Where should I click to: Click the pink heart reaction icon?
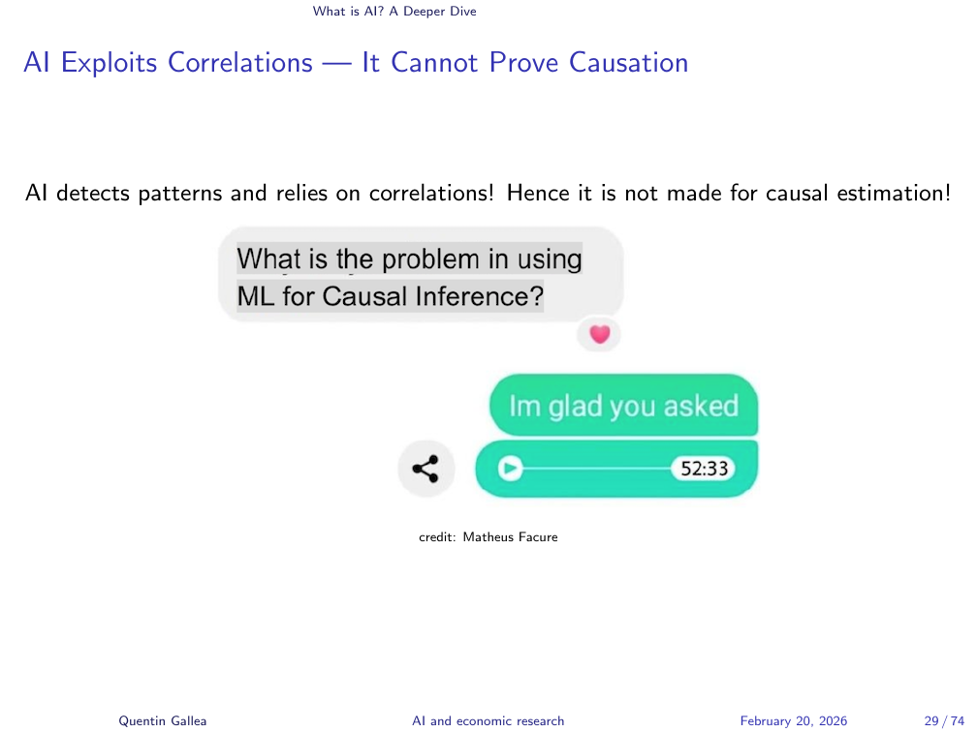pyautogui.click(x=599, y=334)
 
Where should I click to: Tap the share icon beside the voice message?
pyautogui.click(x=425, y=469)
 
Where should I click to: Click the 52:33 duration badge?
pyautogui.click(x=704, y=468)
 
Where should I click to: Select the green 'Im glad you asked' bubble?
pyautogui.click(x=624, y=405)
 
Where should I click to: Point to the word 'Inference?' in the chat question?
pyautogui.click(x=480, y=296)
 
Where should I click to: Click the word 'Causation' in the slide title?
pyautogui.click(x=629, y=62)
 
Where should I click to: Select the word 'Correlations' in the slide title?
pyautogui.click(x=240, y=62)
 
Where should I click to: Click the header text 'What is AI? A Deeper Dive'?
pyautogui.click(x=394, y=12)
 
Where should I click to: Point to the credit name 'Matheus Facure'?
pyautogui.click(x=510, y=537)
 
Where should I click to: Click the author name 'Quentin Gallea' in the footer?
pyautogui.click(x=163, y=720)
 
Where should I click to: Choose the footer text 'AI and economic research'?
pyautogui.click(x=488, y=720)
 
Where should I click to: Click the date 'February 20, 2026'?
pyautogui.click(x=794, y=720)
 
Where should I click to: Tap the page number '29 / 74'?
pyautogui.click(x=945, y=720)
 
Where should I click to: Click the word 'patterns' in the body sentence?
pyautogui.click(x=179, y=193)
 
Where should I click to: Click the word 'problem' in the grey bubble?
pyautogui.click(x=431, y=259)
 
